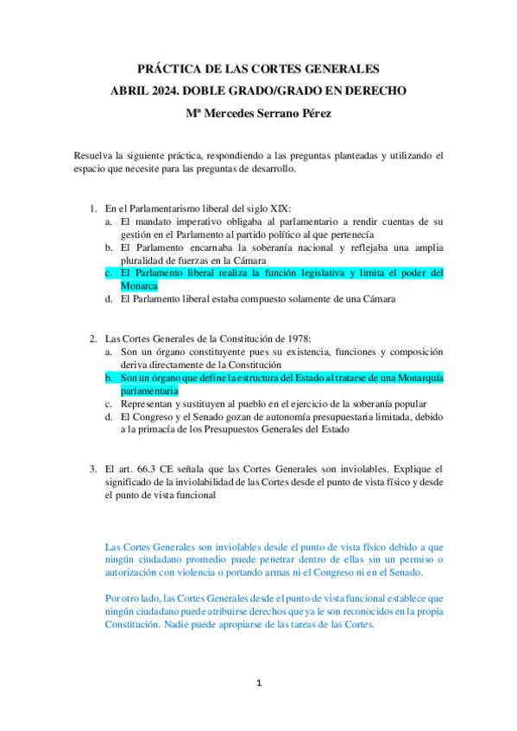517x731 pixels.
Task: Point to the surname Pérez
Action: pos(313,112)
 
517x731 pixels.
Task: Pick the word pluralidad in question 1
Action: pos(146,260)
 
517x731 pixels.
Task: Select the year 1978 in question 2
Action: pos(268,338)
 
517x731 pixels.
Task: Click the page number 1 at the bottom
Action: pos(258,684)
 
